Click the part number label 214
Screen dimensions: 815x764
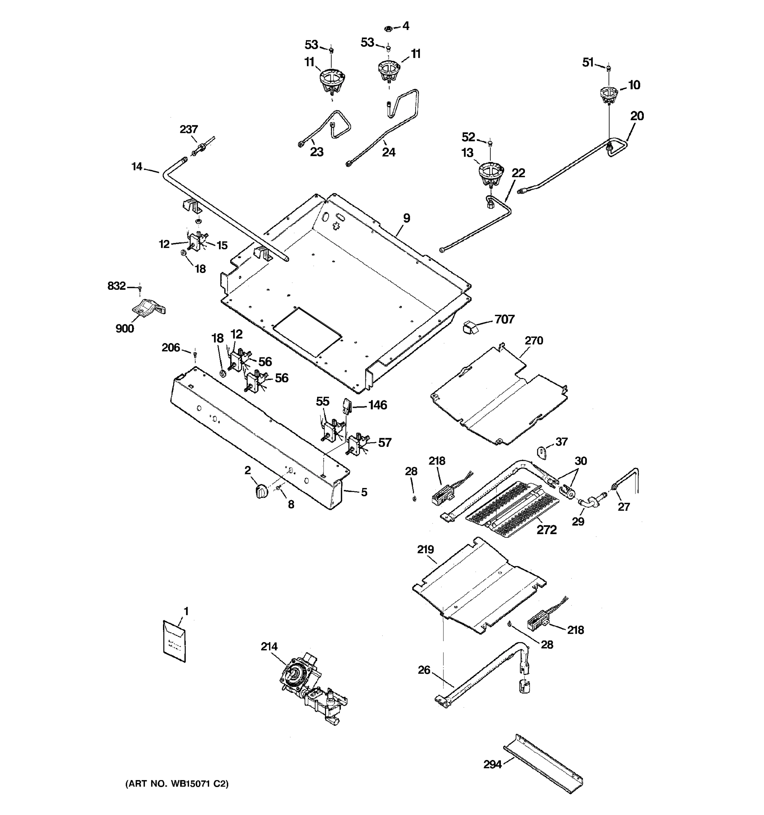point(269,647)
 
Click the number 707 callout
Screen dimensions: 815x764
point(504,319)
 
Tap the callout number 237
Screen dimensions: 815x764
point(188,129)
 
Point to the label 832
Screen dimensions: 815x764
point(116,286)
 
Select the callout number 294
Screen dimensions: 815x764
point(492,764)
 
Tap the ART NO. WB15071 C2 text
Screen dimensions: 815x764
point(177,783)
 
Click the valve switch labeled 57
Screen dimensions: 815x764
point(356,445)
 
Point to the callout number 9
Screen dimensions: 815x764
point(406,218)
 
